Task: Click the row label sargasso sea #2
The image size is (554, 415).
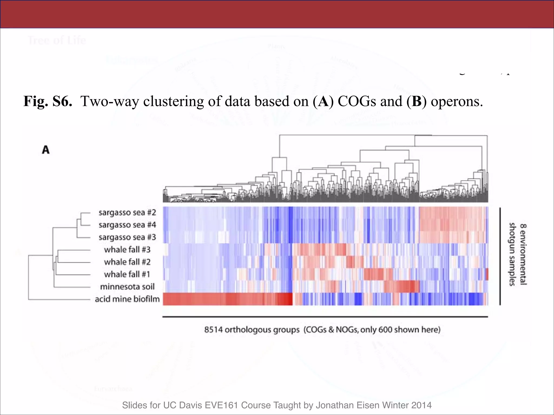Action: click(127, 213)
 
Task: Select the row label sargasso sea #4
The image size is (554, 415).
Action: click(127, 225)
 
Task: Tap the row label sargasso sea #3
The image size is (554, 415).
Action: click(127, 237)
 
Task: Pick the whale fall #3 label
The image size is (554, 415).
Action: click(127, 250)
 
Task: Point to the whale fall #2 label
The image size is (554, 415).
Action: click(127, 262)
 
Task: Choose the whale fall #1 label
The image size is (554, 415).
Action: click(127, 275)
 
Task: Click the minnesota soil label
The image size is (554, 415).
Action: click(127, 287)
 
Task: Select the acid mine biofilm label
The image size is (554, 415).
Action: click(127, 299)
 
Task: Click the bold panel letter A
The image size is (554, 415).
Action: click(46, 150)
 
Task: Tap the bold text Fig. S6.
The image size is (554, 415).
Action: click(48, 102)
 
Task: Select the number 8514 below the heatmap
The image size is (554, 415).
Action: click(213, 330)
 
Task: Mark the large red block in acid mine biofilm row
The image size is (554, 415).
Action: click(227, 299)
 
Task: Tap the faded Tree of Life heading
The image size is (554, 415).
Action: click(57, 40)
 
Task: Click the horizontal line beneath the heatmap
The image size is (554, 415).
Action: click(325, 317)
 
